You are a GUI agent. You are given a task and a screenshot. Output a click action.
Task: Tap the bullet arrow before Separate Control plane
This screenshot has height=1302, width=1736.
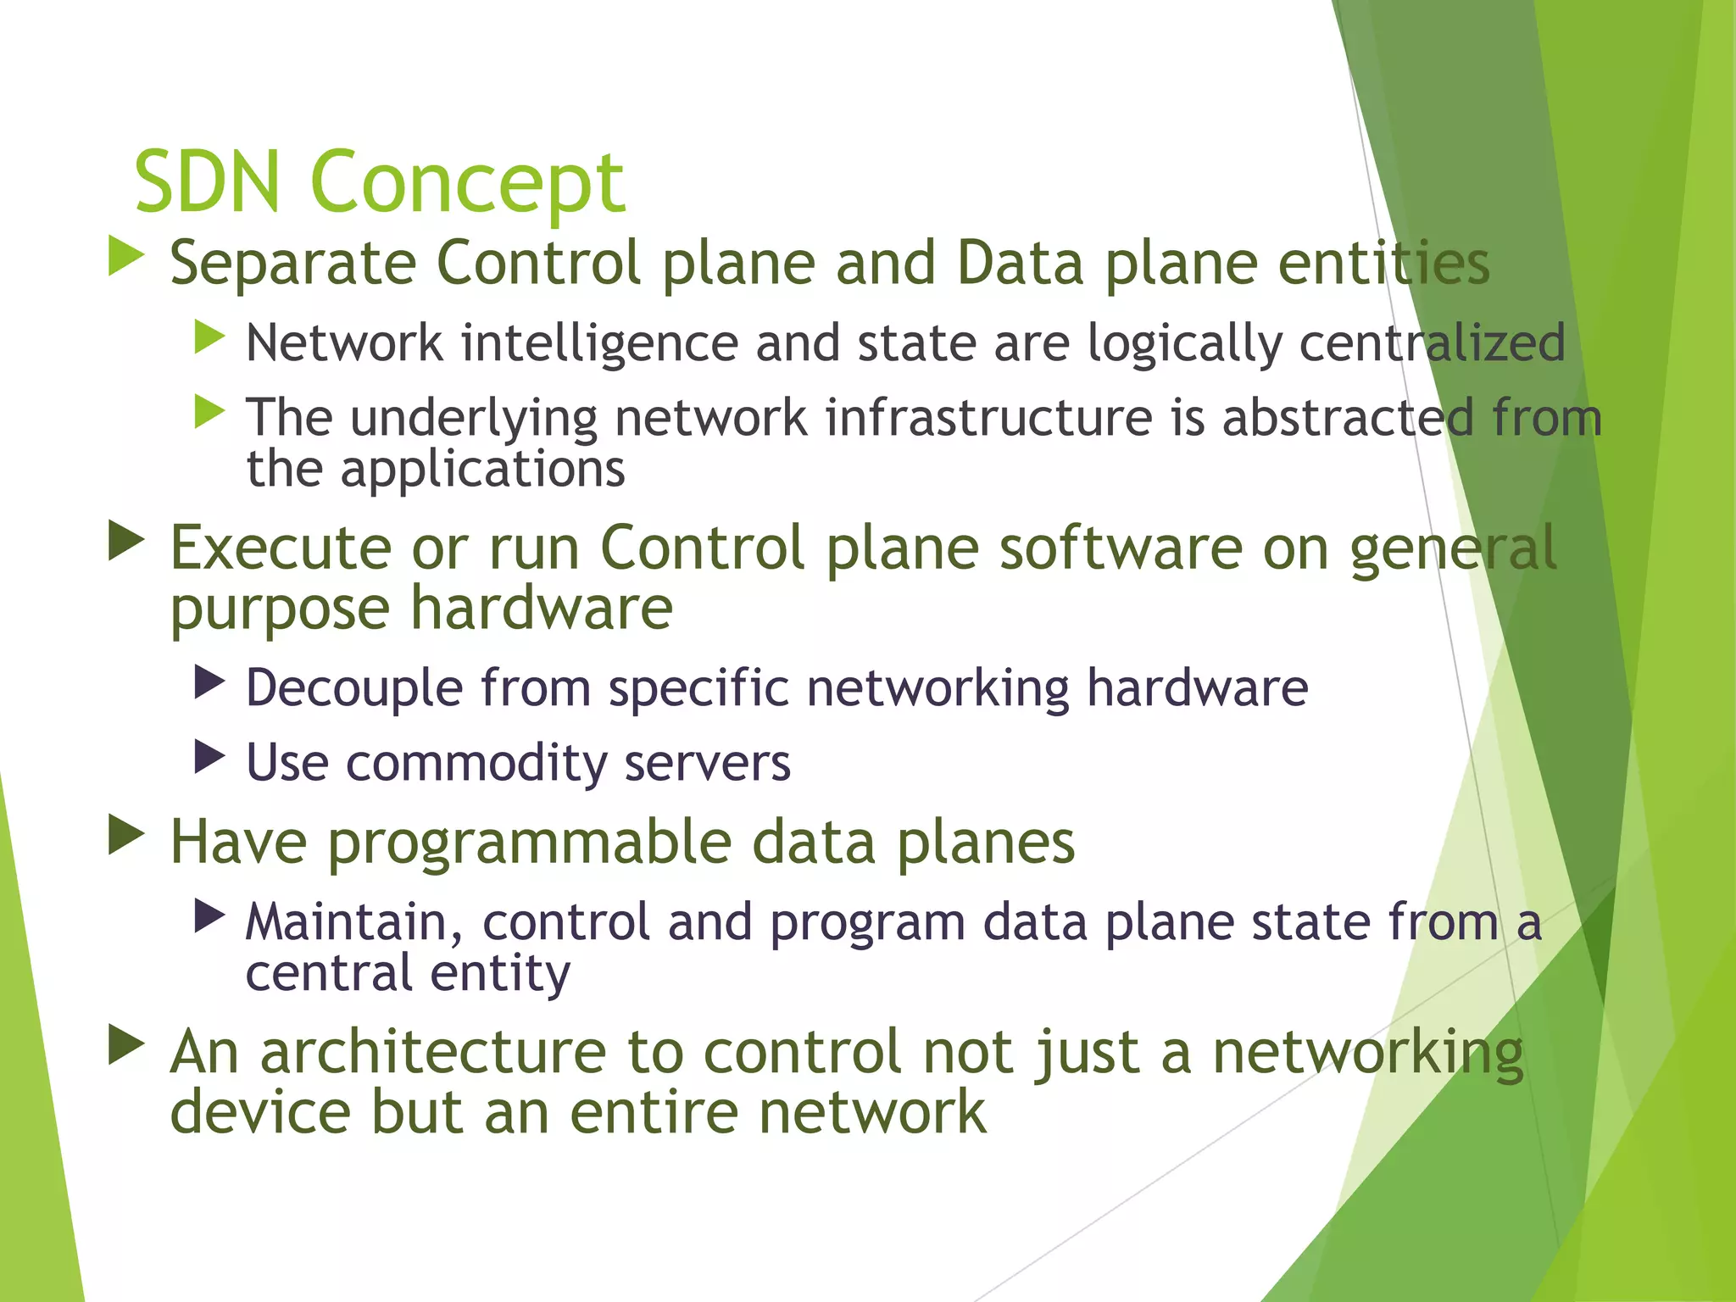coord(126,256)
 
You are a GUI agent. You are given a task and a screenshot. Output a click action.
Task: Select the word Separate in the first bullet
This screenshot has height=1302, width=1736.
coord(292,264)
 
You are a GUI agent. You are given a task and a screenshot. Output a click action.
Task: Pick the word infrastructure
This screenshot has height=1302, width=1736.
coord(988,418)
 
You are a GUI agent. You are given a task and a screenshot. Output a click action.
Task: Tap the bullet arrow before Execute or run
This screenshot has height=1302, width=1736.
coord(126,541)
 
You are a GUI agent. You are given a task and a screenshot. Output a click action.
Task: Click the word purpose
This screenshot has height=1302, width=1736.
coord(280,610)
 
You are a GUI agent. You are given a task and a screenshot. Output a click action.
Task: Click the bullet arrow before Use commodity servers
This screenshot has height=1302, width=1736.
coord(209,756)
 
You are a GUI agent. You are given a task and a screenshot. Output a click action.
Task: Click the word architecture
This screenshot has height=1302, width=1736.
coord(432,1052)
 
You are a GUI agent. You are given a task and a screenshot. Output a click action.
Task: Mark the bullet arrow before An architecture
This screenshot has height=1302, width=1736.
coord(126,1045)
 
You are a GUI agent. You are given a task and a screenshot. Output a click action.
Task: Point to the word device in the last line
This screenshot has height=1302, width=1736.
coord(260,1112)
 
